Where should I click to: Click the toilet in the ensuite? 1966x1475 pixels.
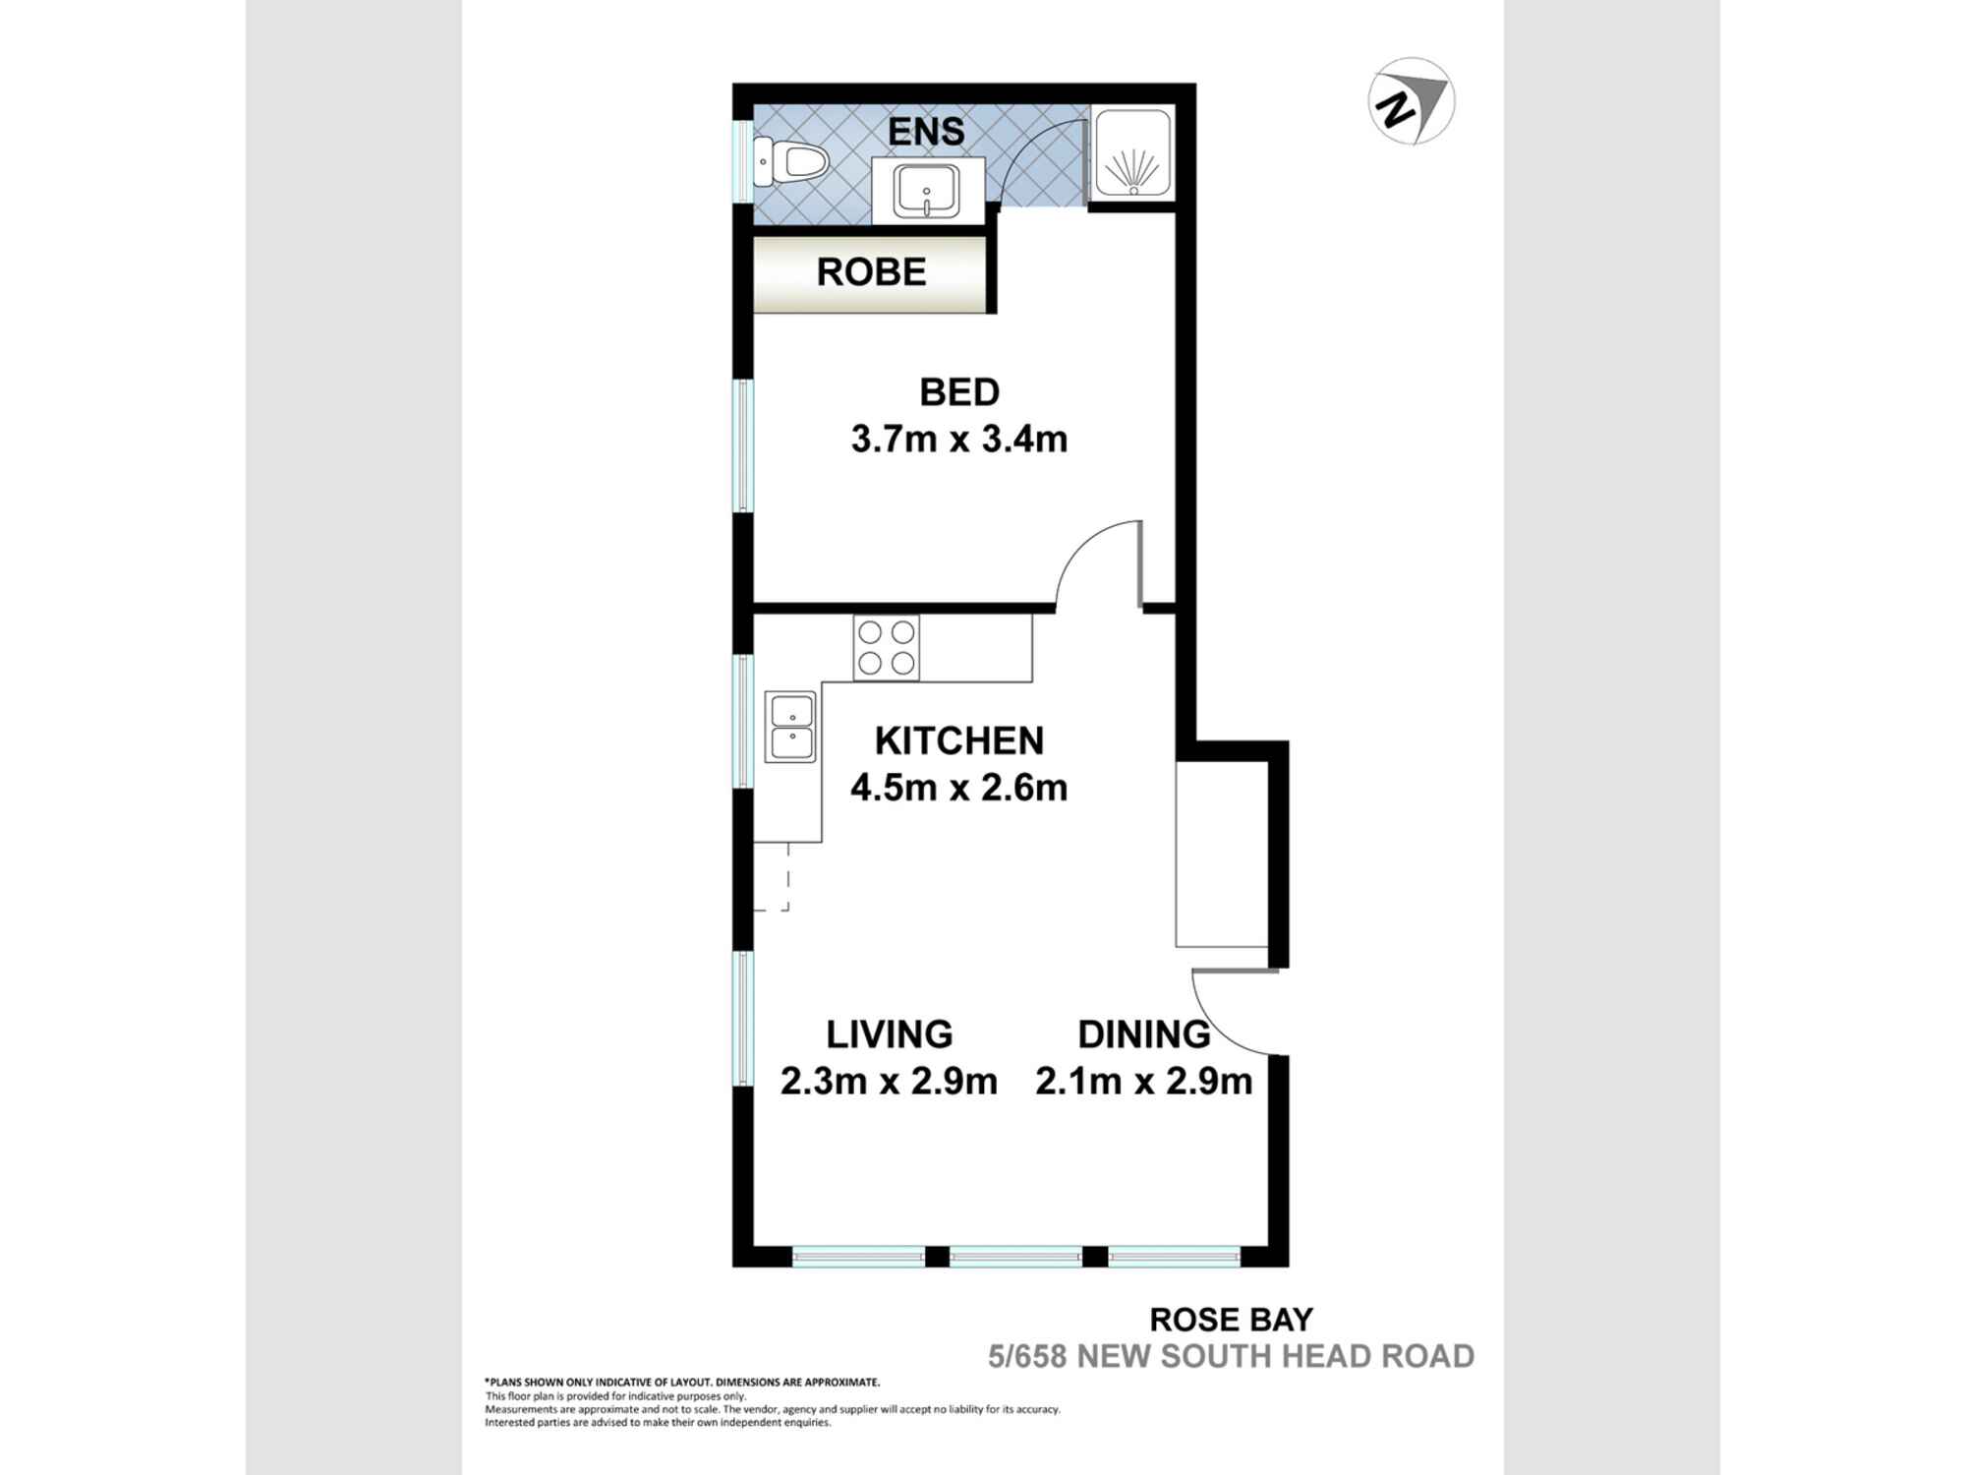coord(790,162)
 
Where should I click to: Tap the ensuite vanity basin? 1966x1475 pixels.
coord(926,191)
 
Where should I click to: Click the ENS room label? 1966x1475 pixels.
coord(926,132)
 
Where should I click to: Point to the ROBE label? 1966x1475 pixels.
coord(871,272)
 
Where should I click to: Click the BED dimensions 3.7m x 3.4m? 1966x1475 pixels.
coord(958,440)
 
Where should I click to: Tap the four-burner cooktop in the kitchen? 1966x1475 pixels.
coord(886,648)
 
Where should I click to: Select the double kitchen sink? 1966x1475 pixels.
coord(791,727)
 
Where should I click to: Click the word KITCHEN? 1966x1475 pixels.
coord(958,740)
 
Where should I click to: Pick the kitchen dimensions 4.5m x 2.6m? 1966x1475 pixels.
coord(958,788)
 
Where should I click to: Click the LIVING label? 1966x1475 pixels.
coord(889,1034)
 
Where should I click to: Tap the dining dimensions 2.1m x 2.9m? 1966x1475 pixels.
coord(1143,1082)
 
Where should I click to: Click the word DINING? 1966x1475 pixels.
coord(1143,1034)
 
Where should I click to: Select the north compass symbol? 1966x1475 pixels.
coord(1412,101)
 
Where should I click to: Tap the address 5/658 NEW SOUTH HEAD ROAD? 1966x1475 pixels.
coord(1231,1357)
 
